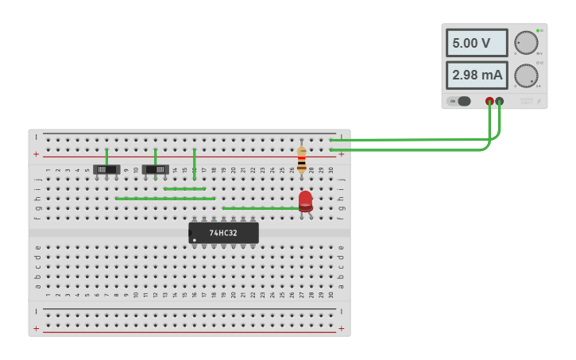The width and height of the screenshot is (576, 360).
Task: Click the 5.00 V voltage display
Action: click(476, 43)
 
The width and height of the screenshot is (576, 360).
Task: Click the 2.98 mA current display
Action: click(477, 75)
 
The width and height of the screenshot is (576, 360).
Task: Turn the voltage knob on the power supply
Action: click(525, 43)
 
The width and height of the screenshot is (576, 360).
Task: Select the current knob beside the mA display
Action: click(525, 75)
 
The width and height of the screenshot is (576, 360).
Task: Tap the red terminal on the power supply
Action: click(489, 101)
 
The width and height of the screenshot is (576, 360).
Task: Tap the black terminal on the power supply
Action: click(500, 101)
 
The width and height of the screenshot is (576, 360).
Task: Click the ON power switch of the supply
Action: click(459, 101)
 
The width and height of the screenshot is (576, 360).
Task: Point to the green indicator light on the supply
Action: click(538, 31)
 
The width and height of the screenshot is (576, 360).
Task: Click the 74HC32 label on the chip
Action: click(222, 233)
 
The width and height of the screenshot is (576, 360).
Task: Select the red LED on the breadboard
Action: click(305, 200)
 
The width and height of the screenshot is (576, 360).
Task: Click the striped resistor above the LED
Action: click(301, 159)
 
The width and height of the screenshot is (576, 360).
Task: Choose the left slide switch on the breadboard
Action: click(106, 169)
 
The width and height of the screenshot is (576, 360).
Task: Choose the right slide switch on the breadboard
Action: click(156, 169)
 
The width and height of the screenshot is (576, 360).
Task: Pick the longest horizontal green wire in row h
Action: click(165, 199)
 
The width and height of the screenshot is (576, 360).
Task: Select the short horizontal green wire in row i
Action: click(184, 189)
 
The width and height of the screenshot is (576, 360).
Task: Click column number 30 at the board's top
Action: click(331, 169)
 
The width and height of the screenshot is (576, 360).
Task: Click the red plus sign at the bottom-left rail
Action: click(36, 327)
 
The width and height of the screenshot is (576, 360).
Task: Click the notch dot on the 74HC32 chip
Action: click(194, 239)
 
